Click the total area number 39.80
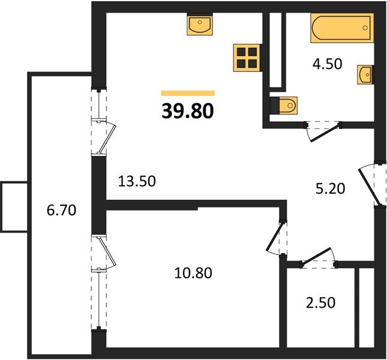188,111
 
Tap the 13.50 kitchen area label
137,181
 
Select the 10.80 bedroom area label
193,273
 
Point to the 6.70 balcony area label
61,211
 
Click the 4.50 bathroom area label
327,64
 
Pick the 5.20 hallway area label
330,189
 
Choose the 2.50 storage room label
320,302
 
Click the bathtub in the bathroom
342,28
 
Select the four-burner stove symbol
247,58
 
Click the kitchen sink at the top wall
200,24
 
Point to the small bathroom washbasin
365,75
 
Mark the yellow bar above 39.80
188,93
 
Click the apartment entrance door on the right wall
368,184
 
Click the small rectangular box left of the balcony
14,207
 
